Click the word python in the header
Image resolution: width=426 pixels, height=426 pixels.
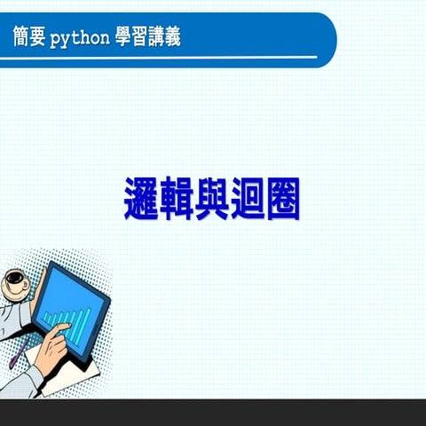80,39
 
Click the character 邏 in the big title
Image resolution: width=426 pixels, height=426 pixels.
142,199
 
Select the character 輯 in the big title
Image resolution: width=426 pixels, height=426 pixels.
177,199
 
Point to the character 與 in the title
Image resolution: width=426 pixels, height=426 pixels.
213,199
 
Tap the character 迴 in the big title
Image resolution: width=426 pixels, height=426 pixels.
248,199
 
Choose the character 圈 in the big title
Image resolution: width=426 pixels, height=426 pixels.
283,199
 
